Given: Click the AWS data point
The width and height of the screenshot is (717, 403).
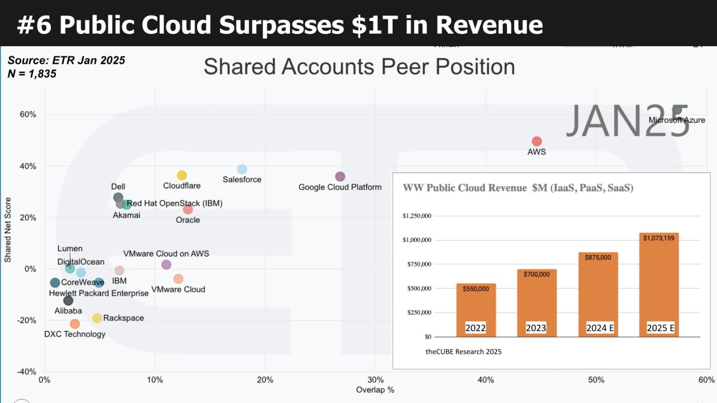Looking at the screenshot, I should coord(537,141).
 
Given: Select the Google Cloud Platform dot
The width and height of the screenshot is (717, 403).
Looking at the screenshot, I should coord(340,177).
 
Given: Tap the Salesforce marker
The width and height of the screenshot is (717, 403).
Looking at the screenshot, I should coord(242,169).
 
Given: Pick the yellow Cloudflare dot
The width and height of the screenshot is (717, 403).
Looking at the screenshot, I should coord(182,175).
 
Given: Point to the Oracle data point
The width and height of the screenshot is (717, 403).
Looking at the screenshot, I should coord(188,209).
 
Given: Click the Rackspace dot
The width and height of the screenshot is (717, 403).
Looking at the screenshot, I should coord(97,318).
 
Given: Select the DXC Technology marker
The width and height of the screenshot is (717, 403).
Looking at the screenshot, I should coord(75,324).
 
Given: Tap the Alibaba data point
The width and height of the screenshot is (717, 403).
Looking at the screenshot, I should coord(68,300).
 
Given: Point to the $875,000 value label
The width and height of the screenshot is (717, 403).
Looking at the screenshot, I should coord(598,257).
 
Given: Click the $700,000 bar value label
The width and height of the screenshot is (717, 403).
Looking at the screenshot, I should coord(536,274).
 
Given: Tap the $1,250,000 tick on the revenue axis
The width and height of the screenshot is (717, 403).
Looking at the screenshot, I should coord(417,216).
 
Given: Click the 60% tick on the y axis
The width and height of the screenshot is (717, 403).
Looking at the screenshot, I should coord(28,114).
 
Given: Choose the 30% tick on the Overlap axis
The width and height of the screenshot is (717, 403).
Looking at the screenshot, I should coord(375,380).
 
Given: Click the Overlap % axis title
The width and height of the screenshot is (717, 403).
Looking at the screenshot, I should coord(375,390).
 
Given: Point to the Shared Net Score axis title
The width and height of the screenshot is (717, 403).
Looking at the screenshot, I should coord(8,229).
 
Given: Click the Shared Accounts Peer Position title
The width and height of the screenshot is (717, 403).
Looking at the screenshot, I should coord(359,67).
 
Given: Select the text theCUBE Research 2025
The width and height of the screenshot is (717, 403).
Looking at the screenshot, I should coord(463,352).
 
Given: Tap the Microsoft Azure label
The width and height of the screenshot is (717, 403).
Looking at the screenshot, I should coord(676,120).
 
